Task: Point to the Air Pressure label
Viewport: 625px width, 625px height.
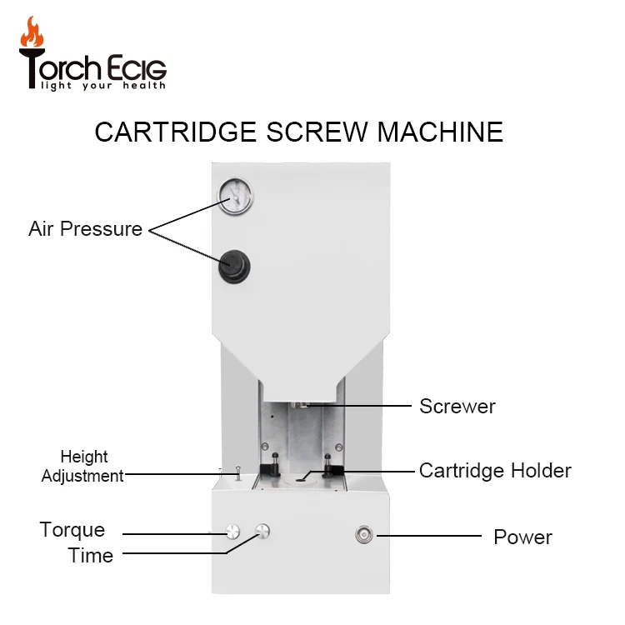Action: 85,229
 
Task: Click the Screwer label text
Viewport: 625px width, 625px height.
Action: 457,407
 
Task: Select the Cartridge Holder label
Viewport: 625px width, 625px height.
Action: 494,470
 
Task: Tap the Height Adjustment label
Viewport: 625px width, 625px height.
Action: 83,467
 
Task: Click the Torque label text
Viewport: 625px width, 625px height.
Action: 72,530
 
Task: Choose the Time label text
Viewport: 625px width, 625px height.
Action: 90,556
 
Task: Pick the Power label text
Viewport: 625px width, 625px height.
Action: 522,537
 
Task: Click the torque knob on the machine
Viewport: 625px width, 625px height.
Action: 231,531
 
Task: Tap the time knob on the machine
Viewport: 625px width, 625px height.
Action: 263,530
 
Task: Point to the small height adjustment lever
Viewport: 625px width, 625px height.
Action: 237,474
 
